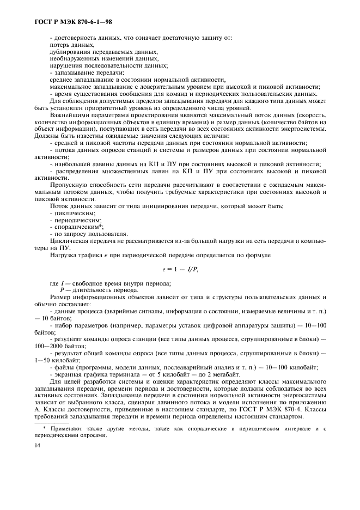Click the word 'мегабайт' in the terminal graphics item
[224, 374]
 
